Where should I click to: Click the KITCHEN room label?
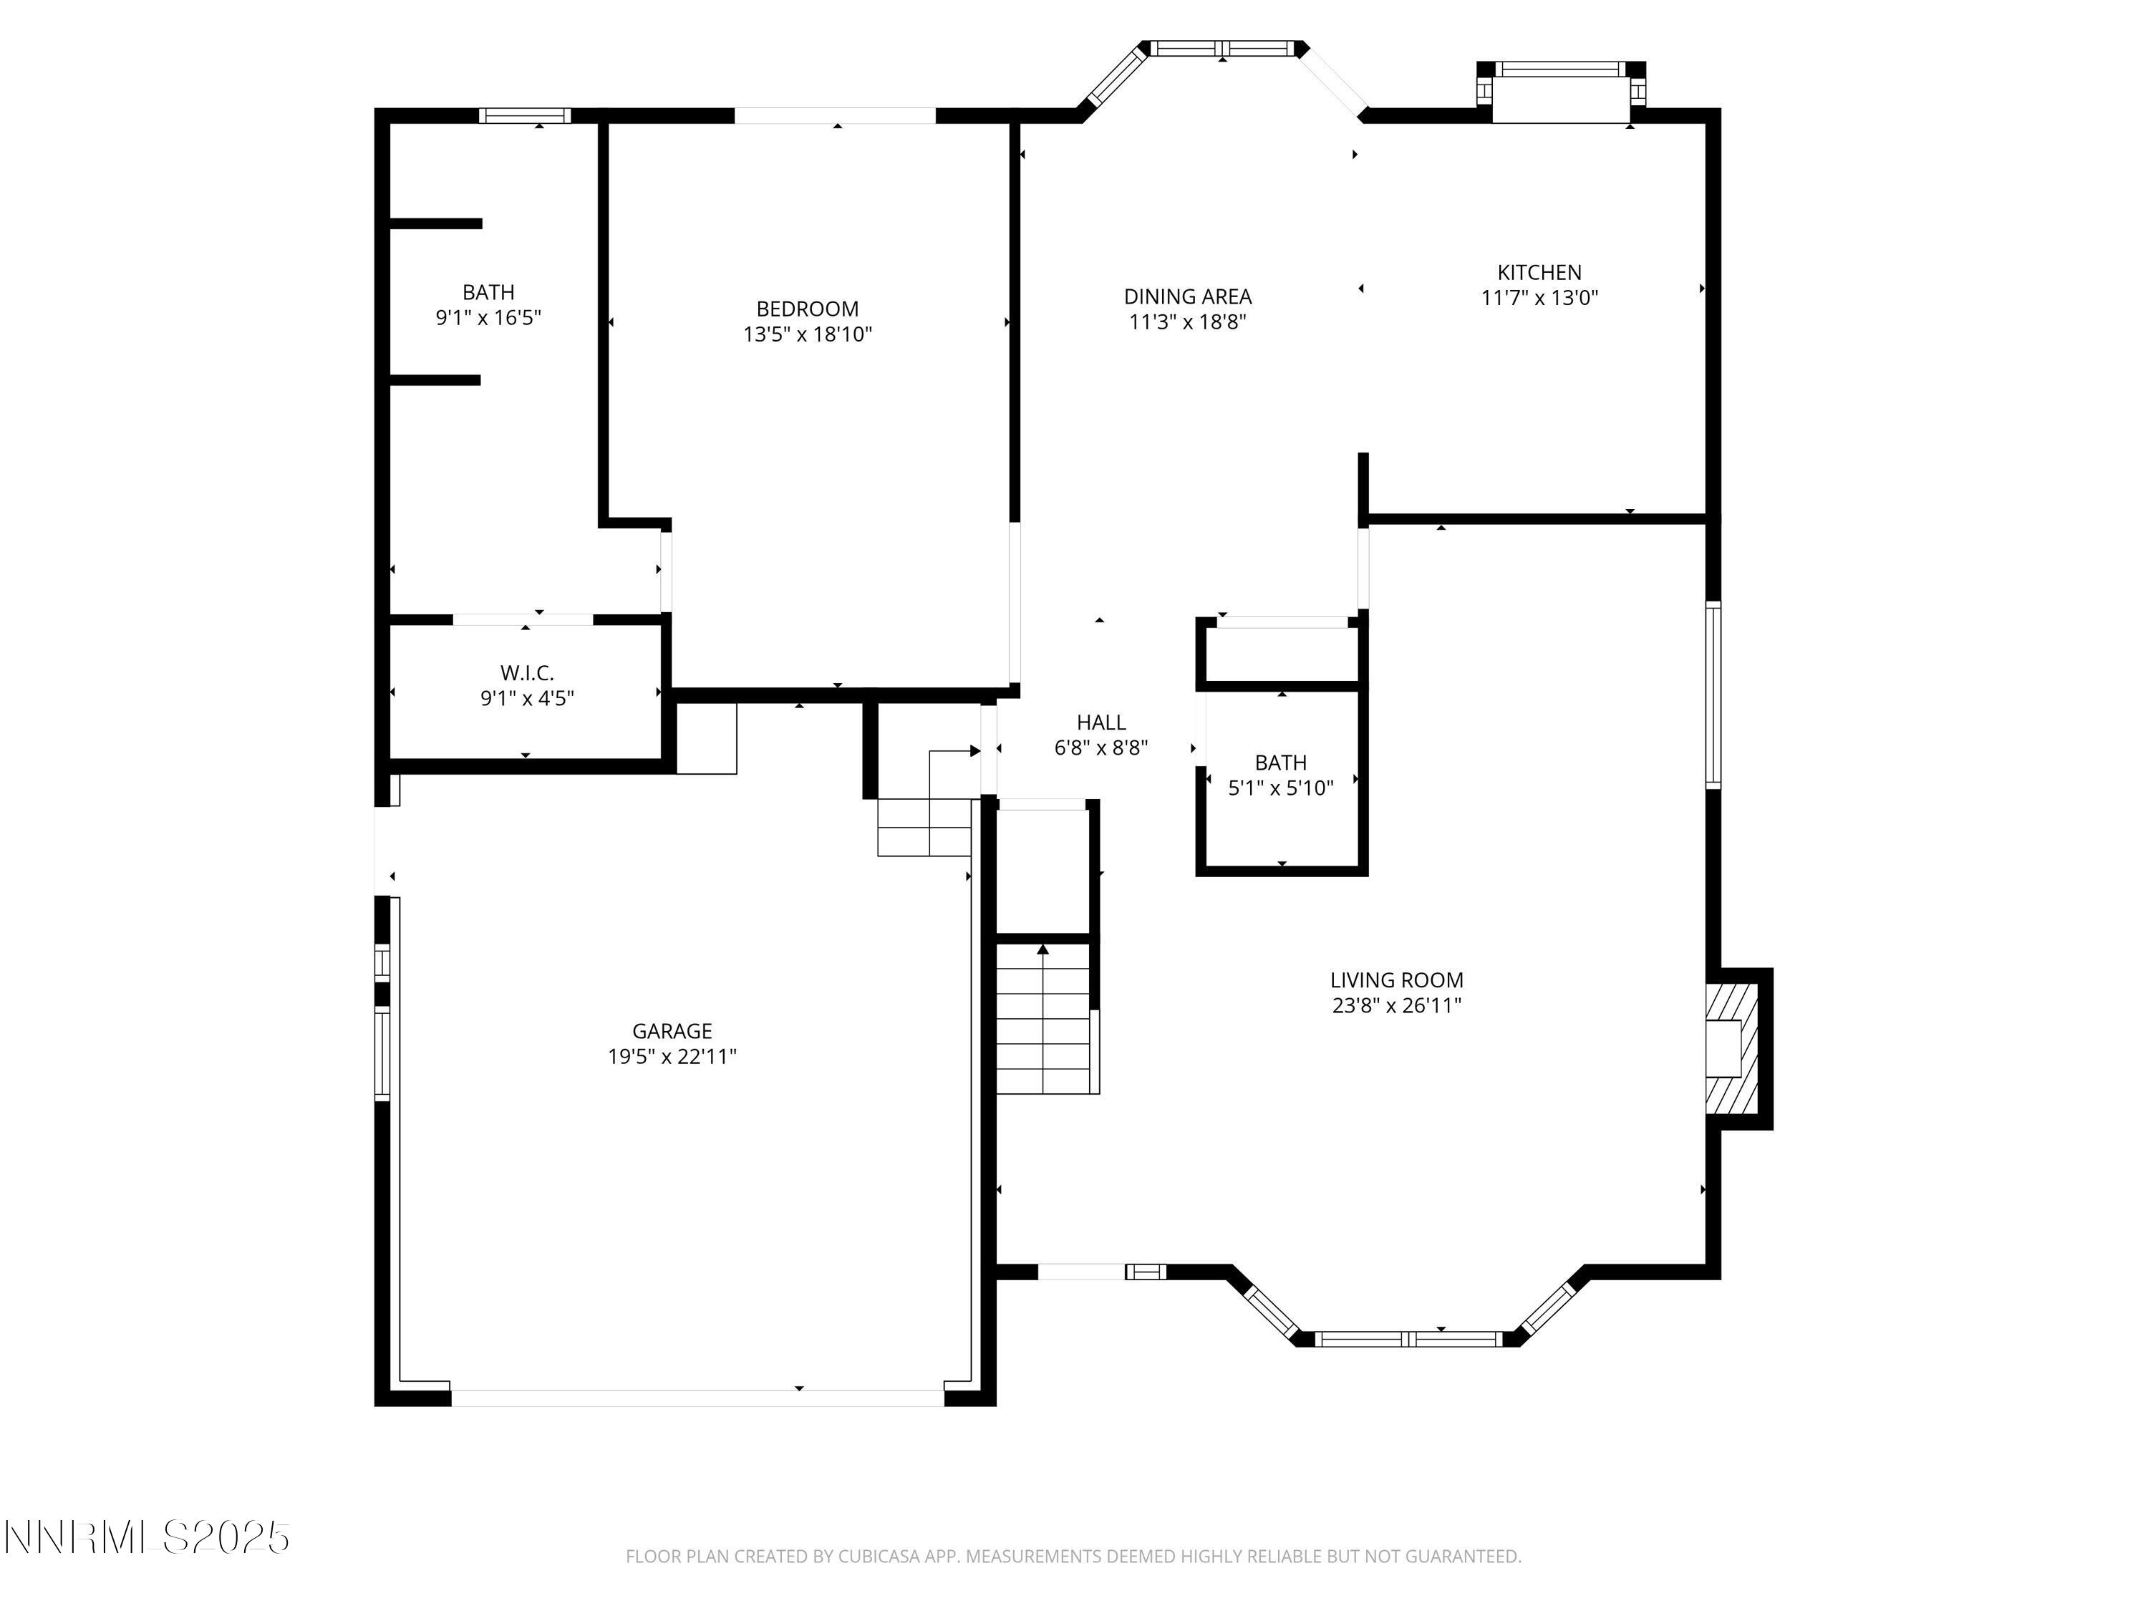1539,273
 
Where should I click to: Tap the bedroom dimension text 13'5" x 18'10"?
807,335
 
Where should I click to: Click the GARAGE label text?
672,1031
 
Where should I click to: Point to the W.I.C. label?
526,673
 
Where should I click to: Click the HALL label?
1100,722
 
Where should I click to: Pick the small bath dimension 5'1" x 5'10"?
1280,788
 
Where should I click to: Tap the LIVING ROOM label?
1395,981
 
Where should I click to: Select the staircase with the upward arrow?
1044,1019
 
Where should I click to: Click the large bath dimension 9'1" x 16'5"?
488,317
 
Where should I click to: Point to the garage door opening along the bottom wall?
696,1398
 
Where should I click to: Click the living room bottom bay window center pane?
1408,1339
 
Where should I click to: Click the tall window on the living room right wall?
1713,695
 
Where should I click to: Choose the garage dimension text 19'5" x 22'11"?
672,1057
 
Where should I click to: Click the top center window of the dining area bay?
1221,47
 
